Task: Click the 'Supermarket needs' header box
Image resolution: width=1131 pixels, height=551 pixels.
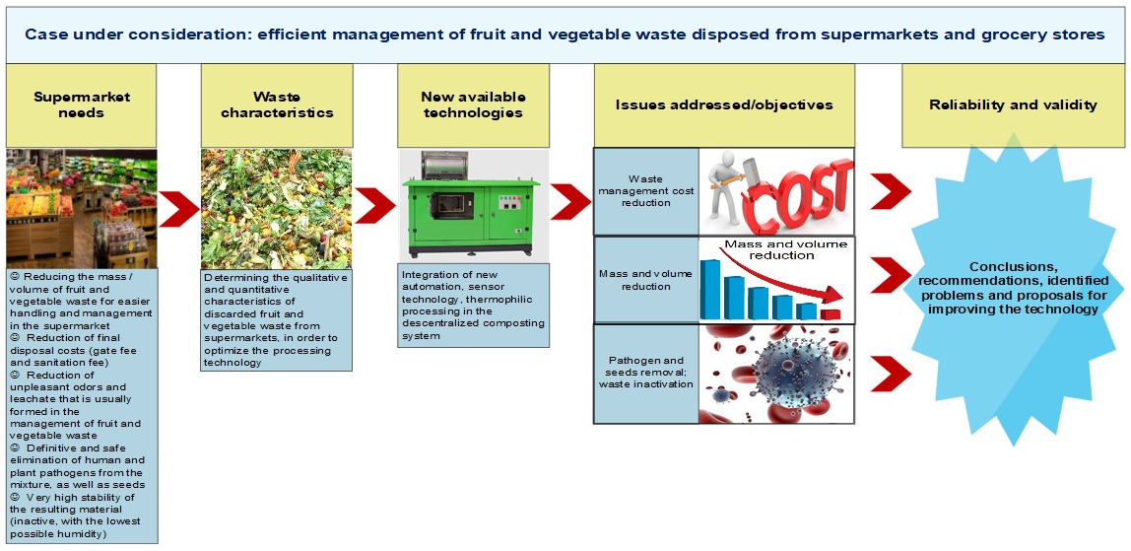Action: click(x=82, y=105)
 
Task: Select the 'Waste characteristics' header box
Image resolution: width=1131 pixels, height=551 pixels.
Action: click(x=277, y=105)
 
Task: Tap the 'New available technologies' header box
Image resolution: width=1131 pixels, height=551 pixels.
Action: click(x=473, y=105)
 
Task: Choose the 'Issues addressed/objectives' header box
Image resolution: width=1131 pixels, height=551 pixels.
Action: click(x=724, y=105)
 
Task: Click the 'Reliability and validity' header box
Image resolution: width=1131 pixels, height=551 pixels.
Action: click(x=1013, y=105)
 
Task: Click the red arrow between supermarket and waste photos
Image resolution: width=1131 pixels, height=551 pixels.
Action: click(x=179, y=208)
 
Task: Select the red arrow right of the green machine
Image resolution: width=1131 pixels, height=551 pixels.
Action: click(x=570, y=201)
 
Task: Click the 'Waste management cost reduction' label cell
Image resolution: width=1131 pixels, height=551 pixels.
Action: click(x=646, y=191)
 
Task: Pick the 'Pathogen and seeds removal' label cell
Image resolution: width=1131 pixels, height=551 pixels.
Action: click(x=646, y=373)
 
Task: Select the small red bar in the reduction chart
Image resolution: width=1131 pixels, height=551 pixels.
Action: click(x=832, y=314)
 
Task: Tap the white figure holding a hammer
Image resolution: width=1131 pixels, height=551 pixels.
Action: click(x=735, y=187)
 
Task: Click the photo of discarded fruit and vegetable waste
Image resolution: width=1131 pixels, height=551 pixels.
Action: click(x=277, y=208)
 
